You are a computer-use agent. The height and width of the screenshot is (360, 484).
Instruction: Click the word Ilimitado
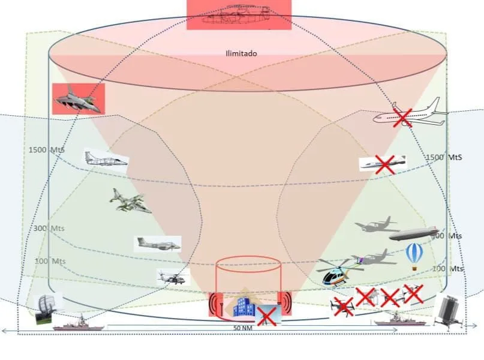241,53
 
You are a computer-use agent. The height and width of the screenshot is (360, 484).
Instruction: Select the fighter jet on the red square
77,99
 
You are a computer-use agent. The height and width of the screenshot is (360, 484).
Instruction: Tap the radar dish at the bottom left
47,308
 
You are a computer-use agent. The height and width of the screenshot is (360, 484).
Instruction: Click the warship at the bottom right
399,320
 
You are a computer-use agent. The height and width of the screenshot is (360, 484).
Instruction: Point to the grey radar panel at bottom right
448,312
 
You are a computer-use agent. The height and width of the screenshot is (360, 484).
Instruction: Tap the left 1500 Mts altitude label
46,149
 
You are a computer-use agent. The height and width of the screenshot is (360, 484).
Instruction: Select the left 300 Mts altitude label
49,229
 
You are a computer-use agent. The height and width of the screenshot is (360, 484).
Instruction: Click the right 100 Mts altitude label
447,269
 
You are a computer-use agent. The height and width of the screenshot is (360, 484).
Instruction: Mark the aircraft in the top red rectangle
239,15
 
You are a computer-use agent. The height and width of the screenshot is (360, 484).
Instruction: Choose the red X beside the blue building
266,315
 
